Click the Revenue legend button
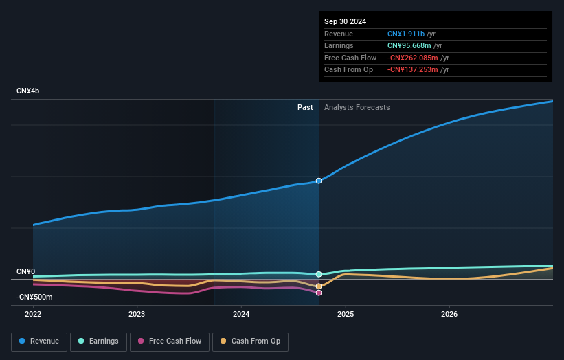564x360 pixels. click(x=39, y=341)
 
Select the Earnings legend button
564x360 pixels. click(x=98, y=341)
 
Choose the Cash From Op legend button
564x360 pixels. click(x=250, y=341)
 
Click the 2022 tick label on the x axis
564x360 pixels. click(x=33, y=314)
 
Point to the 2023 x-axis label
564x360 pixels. click(x=137, y=314)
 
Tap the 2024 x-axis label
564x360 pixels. click(x=241, y=314)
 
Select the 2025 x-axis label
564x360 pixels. click(x=345, y=314)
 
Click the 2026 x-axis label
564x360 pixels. click(x=449, y=314)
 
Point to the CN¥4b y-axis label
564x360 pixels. click(x=28, y=91)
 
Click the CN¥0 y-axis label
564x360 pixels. click(x=25, y=272)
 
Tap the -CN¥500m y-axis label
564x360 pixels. click(x=34, y=297)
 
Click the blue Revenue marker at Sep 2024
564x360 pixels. click(x=319, y=181)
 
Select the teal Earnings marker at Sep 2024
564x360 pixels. click(x=319, y=274)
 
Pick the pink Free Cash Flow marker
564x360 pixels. click(x=319, y=293)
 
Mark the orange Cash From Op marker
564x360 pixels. click(x=319, y=286)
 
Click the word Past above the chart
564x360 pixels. click(x=305, y=107)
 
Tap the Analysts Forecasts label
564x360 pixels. click(x=357, y=107)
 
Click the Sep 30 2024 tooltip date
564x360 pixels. click(x=345, y=21)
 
